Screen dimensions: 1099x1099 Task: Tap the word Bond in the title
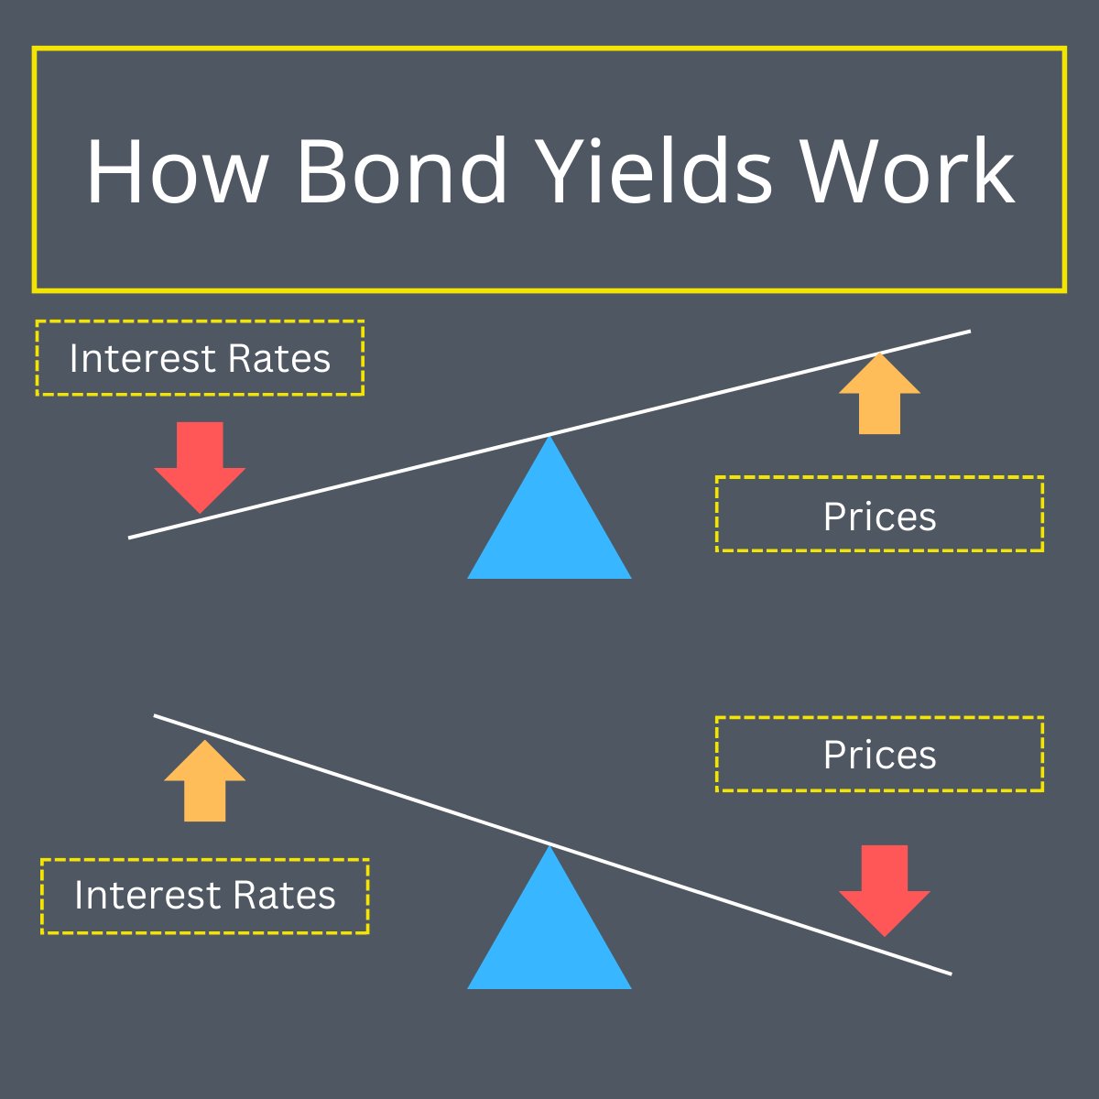pyautogui.click(x=401, y=171)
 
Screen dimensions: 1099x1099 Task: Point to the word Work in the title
pyautogui.click(x=907, y=171)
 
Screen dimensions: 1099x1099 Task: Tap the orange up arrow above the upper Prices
pyautogui.click(x=879, y=396)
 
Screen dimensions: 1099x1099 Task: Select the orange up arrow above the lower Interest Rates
pyautogui.click(x=204, y=782)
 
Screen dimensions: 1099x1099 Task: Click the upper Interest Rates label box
pyautogui.click(x=200, y=358)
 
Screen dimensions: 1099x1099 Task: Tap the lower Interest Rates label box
pyautogui.click(x=204, y=896)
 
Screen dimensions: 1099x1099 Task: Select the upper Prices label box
pyautogui.click(x=879, y=514)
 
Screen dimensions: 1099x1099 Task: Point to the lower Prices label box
pyautogui.click(x=879, y=754)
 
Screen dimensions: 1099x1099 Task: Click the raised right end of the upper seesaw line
pyautogui.click(x=966, y=332)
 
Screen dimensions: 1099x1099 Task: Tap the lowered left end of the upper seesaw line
pyautogui.click(x=132, y=537)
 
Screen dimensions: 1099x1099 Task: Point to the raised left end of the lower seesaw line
pyautogui.click(x=158, y=716)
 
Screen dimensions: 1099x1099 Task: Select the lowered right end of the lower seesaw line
pyautogui.click(x=948, y=973)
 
